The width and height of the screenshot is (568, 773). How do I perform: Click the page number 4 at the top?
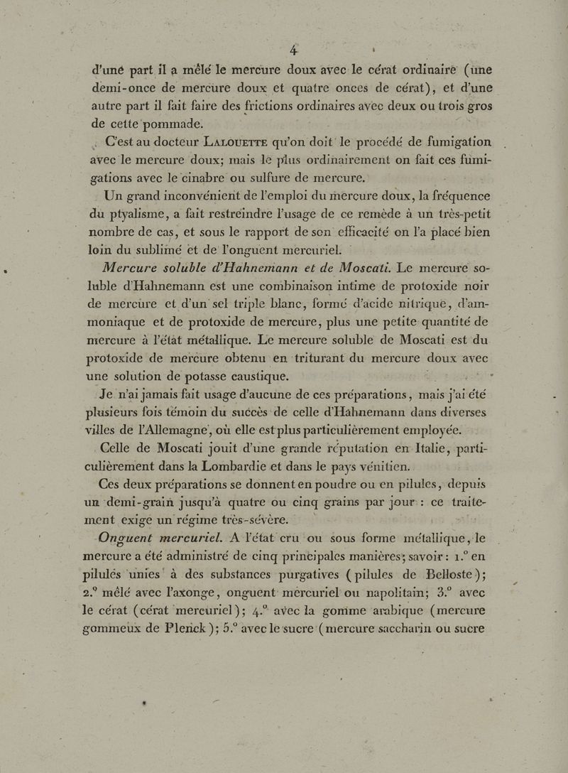coord(291,50)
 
